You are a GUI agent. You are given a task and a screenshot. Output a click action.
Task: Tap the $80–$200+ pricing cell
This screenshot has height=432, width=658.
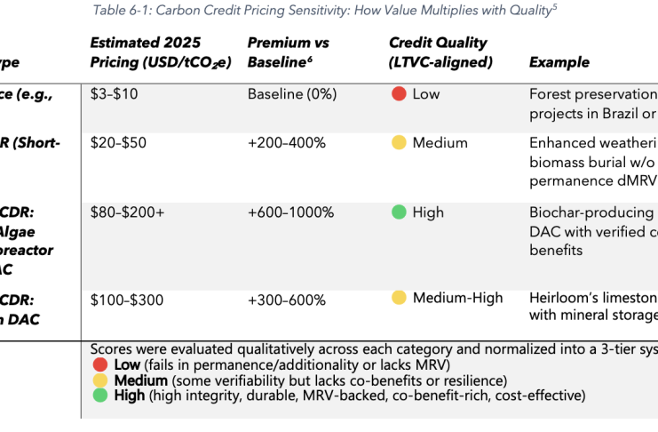point(127,212)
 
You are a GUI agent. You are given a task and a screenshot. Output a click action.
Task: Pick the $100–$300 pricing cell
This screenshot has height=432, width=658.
point(127,300)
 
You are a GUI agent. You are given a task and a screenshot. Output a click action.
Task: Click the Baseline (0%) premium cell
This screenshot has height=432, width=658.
point(292,94)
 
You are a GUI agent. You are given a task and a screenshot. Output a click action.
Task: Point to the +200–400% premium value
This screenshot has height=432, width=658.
point(286,143)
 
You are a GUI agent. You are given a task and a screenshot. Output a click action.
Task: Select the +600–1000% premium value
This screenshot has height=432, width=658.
point(290,212)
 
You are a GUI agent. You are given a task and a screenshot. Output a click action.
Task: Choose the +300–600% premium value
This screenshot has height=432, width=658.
point(286,300)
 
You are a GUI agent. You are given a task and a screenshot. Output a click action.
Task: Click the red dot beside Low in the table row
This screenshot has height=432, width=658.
point(399,94)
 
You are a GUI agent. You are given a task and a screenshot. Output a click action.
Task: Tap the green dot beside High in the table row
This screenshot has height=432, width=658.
point(399,212)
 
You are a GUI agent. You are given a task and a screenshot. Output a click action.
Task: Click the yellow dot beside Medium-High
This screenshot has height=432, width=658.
point(399,298)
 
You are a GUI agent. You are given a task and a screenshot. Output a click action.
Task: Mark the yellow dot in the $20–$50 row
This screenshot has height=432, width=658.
point(399,143)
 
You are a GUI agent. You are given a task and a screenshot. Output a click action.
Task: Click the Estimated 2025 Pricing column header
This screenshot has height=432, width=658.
point(146,52)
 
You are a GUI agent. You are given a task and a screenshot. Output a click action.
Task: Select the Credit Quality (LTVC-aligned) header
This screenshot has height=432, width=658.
point(438,52)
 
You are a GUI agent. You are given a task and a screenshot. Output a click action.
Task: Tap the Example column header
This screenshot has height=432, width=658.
point(559,62)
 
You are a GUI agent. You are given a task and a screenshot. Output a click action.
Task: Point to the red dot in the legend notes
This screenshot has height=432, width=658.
point(99,364)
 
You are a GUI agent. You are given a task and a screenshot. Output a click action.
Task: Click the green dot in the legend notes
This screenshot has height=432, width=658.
point(99,395)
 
